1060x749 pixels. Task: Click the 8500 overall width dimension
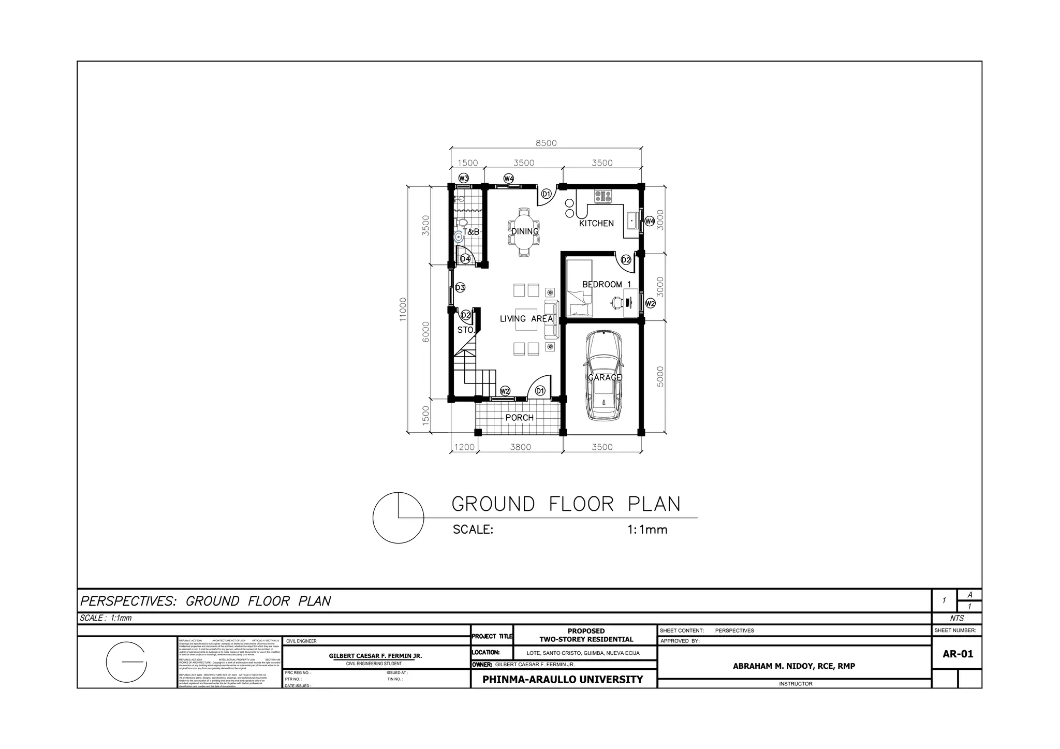pos(546,143)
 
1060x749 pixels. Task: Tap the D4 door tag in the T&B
pos(465,259)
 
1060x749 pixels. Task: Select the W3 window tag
pos(463,179)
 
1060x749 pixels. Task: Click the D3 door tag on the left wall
pos(460,288)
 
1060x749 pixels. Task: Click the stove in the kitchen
pos(603,196)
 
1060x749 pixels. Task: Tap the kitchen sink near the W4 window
pos(632,221)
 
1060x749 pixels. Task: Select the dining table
pos(524,232)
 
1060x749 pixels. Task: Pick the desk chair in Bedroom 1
pos(616,302)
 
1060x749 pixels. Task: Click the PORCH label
pos(519,418)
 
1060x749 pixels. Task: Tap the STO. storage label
pos(466,330)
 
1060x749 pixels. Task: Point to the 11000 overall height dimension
pos(403,309)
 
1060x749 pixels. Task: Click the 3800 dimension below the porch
pos(520,447)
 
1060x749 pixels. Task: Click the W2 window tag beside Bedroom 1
pos(650,303)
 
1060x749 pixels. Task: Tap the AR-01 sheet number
pos(958,654)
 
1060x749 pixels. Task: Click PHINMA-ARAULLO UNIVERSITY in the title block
pos(563,680)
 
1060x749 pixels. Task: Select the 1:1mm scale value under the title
pos(647,530)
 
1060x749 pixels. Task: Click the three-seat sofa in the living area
pos(552,319)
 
